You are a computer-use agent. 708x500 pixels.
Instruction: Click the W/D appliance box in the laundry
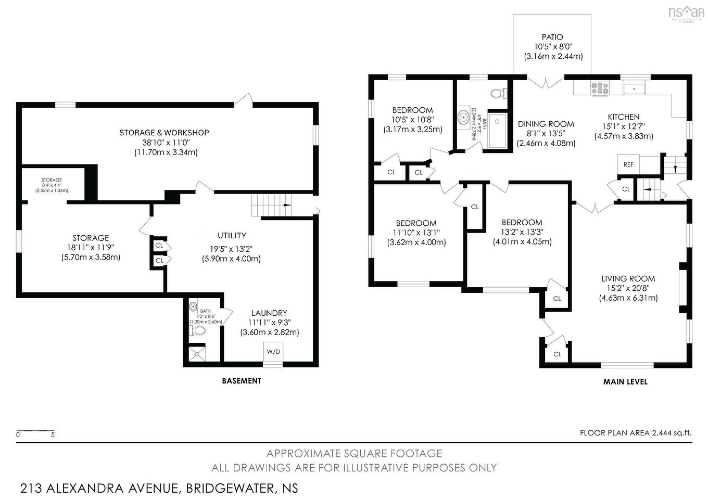273,352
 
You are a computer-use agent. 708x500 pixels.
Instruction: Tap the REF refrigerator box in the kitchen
628,164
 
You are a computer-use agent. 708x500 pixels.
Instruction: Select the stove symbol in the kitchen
600,88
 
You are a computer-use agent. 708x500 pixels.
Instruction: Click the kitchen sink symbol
634,88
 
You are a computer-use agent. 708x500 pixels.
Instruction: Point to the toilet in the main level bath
499,94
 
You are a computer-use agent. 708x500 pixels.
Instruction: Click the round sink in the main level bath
463,117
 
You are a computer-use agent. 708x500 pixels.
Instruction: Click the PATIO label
552,37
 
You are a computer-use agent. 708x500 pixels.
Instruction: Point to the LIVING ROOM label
628,278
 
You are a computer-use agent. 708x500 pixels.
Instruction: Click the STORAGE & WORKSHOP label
164,133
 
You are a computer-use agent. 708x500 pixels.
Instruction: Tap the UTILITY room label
232,236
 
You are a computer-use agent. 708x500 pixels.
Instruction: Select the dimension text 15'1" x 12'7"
624,126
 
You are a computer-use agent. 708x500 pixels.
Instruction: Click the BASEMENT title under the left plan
242,381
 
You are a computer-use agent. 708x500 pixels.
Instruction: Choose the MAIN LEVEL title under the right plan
625,381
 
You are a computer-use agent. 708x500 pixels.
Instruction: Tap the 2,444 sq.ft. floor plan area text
672,432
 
